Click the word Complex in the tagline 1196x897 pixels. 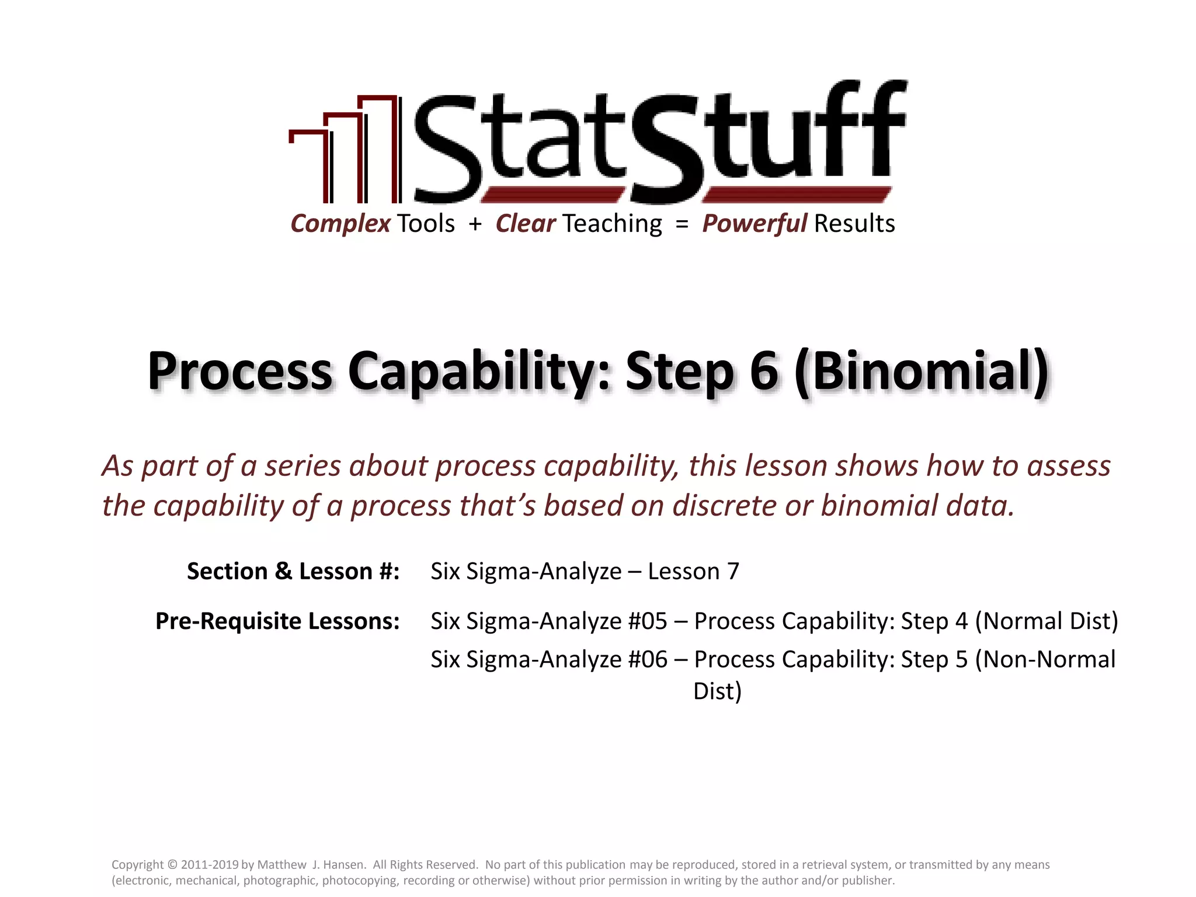tap(340, 224)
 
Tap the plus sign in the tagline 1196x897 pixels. tap(475, 224)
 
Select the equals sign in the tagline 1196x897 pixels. tap(682, 224)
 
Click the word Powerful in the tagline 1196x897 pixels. tap(754, 224)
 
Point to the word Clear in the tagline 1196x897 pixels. tap(525, 224)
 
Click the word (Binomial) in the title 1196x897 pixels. tap(922, 371)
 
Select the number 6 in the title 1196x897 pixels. tap(764, 371)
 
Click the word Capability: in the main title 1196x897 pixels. tap(479, 371)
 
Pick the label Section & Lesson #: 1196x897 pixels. tap(293, 571)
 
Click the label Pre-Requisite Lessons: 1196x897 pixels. tap(277, 621)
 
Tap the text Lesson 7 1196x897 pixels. tap(693, 571)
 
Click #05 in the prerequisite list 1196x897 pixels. tap(648, 621)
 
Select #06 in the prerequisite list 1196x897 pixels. tap(648, 659)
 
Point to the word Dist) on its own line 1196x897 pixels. tap(717, 691)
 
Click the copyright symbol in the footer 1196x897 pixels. tap(172, 865)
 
